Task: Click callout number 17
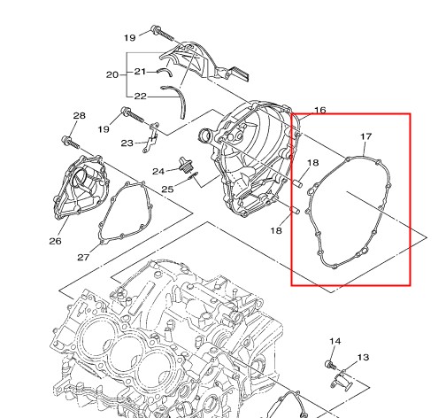click(x=366, y=136)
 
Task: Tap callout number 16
click(x=320, y=111)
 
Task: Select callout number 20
click(x=112, y=74)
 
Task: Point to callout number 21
click(x=140, y=72)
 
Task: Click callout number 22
click(x=141, y=97)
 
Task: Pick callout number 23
click(x=127, y=143)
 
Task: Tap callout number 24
click(x=158, y=171)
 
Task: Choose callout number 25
click(x=167, y=190)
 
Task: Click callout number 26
click(x=56, y=241)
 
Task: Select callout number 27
click(x=83, y=258)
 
